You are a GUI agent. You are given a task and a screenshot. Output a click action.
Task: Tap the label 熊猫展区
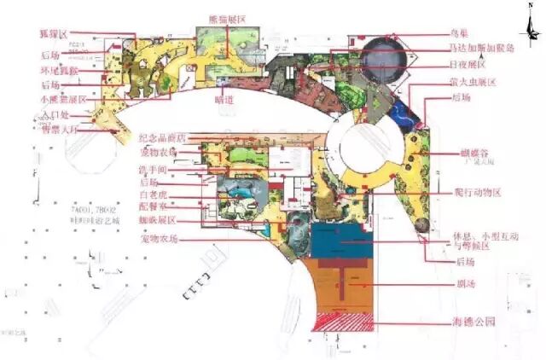tap(228, 18)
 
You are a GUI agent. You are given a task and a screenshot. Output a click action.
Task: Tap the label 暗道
tap(224, 98)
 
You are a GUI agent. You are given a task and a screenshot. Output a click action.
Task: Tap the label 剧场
tap(467, 282)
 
